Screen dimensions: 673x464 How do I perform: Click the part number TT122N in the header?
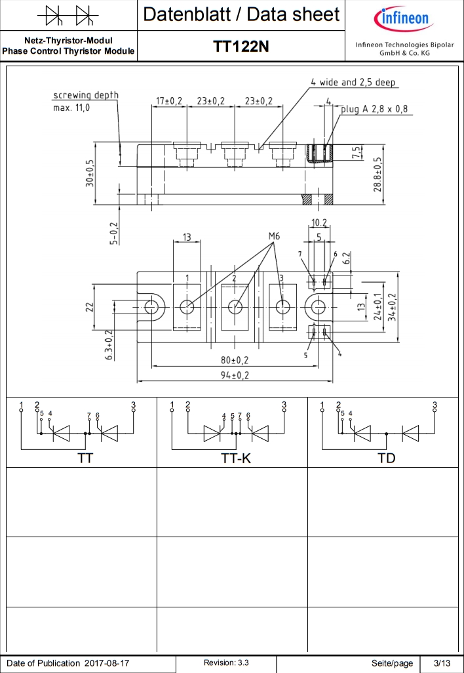pos(241,47)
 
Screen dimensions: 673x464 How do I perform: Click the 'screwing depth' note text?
pos(86,95)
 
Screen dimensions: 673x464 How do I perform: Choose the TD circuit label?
pos(387,459)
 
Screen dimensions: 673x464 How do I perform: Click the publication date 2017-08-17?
pos(107,663)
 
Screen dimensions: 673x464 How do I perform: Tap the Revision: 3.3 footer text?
pos(226,663)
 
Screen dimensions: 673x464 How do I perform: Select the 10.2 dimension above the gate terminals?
pos(319,222)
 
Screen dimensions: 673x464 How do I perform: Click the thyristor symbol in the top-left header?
pos(68,14)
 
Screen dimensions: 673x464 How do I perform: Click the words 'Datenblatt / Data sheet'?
pos(241,14)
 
